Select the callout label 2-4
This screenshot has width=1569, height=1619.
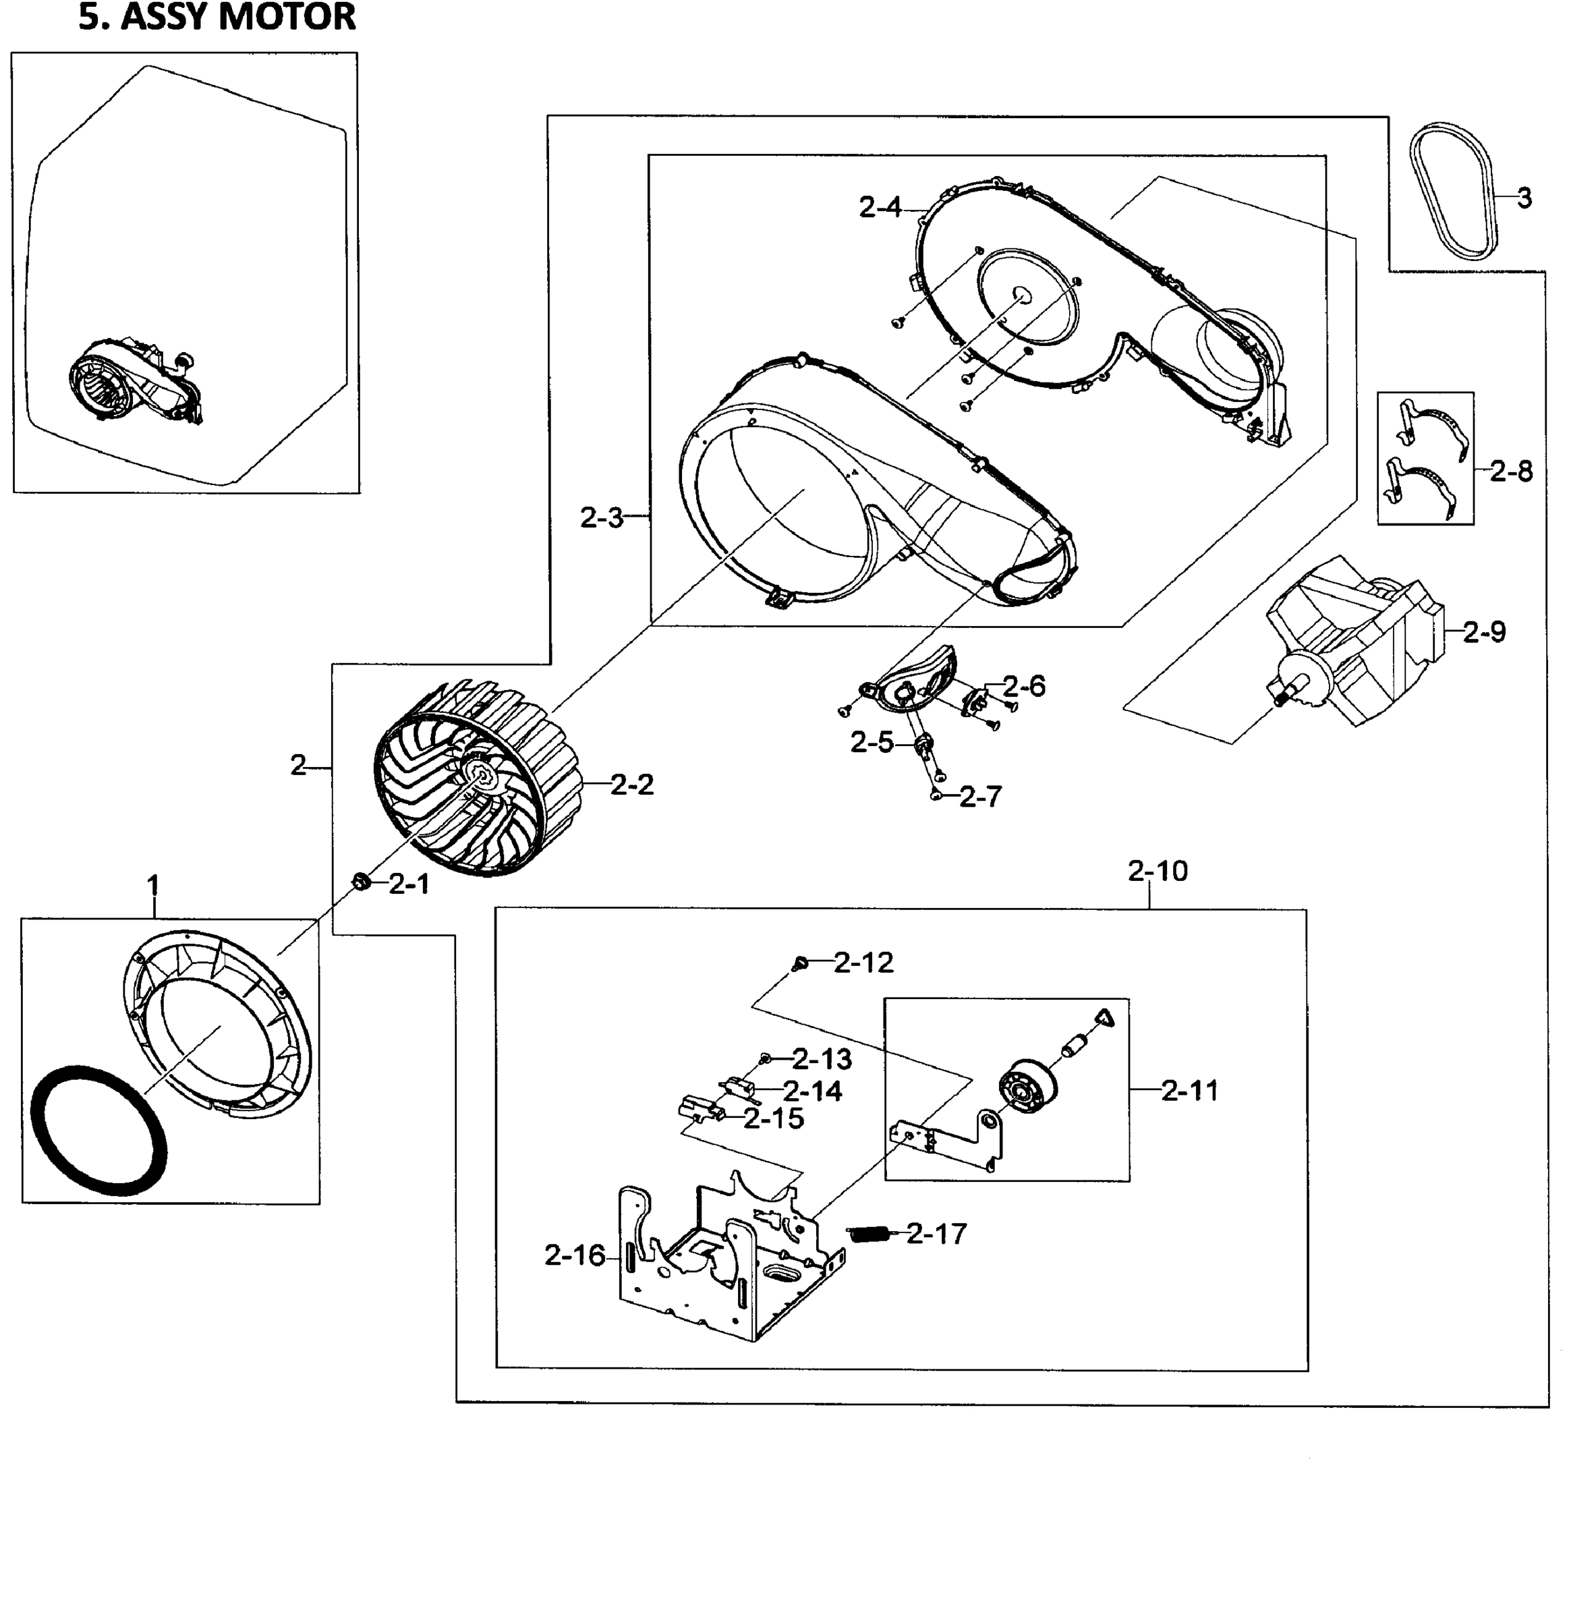880,207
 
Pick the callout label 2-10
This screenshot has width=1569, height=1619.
1157,871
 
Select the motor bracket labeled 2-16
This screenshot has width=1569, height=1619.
726,1263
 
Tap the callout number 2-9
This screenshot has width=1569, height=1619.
1484,633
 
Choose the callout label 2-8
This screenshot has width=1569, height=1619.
1511,472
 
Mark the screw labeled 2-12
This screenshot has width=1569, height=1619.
799,963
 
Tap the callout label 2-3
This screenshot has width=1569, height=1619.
601,519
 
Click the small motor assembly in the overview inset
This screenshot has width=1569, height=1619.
136,384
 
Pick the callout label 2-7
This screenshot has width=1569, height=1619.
980,797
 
